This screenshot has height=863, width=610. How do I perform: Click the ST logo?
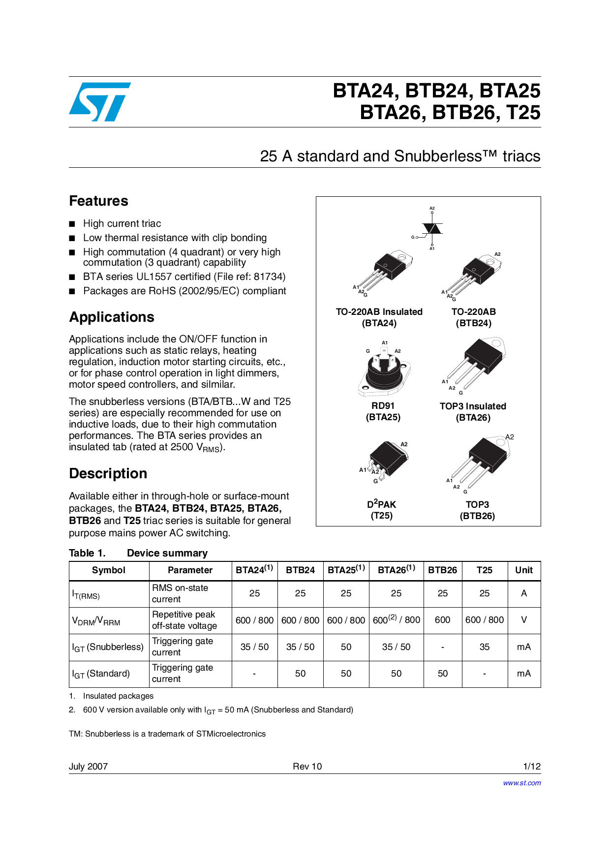[x=100, y=102]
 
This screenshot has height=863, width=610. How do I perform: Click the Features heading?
[x=98, y=201]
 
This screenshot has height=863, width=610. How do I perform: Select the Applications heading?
[x=112, y=317]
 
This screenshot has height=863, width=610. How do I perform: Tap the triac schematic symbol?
[x=431, y=229]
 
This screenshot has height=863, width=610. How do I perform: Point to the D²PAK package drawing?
[x=386, y=460]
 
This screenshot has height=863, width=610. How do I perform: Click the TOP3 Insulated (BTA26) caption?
[x=473, y=412]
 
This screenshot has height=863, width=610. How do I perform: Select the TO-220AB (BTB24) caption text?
[x=473, y=317]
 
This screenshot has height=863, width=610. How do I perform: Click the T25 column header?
[x=484, y=570]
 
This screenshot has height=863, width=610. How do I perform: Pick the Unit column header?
[x=523, y=570]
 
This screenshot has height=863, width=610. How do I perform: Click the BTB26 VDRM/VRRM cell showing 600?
[x=442, y=620]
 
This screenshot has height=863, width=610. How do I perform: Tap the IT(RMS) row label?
[x=86, y=594]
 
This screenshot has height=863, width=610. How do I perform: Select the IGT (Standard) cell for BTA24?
[x=254, y=674]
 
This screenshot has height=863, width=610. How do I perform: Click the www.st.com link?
[x=521, y=783]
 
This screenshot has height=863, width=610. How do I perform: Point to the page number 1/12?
[x=532, y=766]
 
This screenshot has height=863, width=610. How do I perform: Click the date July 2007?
[x=88, y=766]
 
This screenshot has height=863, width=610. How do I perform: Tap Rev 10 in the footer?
[x=307, y=766]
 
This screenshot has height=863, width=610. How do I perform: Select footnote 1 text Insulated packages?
[x=118, y=696]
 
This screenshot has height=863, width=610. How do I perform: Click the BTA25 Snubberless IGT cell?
[x=346, y=647]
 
